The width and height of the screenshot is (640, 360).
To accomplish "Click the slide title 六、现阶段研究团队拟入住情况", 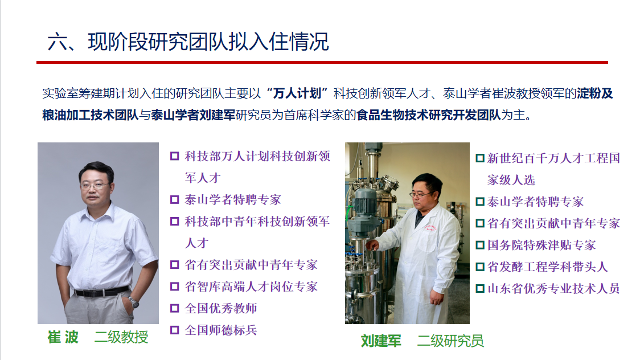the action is coord(188,42).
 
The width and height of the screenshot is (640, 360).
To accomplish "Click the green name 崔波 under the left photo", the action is coord(63,337).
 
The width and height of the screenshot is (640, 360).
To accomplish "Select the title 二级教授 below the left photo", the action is coord(121,337).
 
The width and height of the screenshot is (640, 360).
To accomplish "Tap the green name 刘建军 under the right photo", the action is coord(381,341).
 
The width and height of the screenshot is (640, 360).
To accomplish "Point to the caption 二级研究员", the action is coord(450,341).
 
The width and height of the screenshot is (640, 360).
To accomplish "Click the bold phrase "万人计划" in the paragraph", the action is coord(297,93).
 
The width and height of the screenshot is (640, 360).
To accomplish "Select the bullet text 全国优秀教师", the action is coord(221,308).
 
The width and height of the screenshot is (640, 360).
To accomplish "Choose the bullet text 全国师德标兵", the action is coord(221,330).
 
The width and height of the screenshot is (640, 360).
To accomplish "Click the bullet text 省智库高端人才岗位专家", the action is coord(251,287).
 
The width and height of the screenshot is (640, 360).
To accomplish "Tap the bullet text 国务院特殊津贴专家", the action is coord(541,245).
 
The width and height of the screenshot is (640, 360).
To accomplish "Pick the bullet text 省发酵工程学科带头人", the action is coord(547,267).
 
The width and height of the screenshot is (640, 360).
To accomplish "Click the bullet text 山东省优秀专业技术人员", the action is coord(553,289).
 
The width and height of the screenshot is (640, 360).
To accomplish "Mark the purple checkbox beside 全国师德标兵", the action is coord(175,330).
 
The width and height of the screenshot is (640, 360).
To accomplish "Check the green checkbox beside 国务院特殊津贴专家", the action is coord(480,245).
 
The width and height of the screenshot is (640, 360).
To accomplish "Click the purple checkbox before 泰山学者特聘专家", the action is coord(175,199).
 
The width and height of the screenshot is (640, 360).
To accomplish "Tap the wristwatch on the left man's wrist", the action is coord(134,302).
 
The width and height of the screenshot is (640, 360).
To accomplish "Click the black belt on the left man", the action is coord(101,292).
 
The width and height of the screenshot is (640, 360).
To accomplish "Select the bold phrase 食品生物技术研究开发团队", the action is coord(429,115).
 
